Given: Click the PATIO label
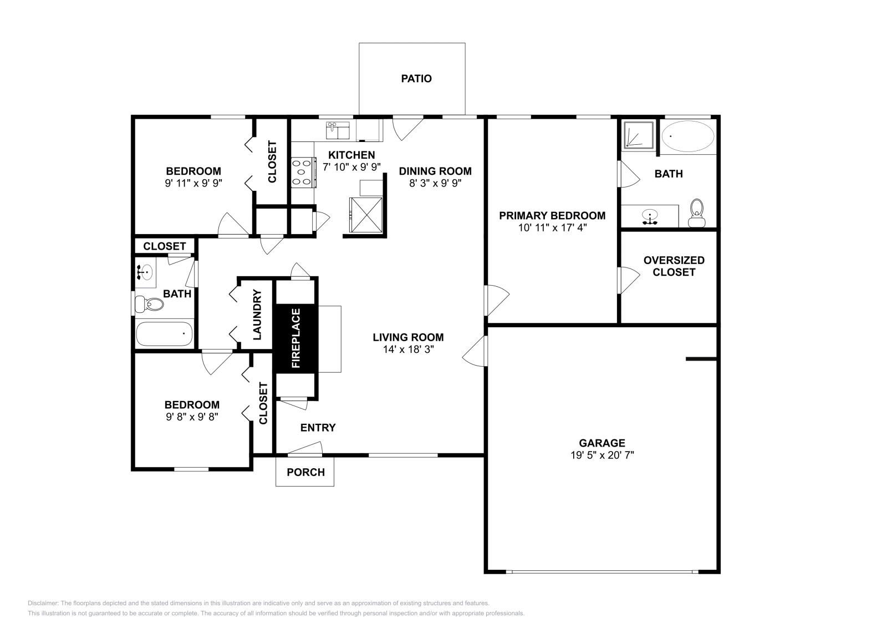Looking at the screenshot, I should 416,79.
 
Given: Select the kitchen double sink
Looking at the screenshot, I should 338,131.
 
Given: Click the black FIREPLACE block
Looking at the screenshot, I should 295,338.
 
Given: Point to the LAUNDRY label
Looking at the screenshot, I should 257,315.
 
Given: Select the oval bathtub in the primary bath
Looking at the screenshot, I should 688,136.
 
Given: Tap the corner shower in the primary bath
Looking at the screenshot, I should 638,135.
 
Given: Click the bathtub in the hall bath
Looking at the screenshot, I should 164,334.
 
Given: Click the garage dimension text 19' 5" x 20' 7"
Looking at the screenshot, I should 602,455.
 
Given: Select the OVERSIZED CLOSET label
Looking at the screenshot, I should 674,266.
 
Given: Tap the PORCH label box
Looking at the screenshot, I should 305,472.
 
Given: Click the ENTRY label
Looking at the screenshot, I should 318,428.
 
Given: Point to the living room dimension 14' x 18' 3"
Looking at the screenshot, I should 408,350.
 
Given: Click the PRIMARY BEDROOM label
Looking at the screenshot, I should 552,216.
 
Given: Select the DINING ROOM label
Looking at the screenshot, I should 435,171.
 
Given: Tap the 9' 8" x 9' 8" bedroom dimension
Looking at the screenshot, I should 192,417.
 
